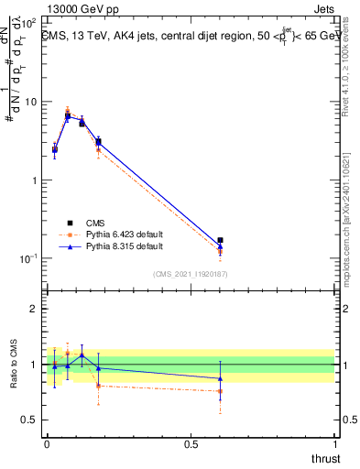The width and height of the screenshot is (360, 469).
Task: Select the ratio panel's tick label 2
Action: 34,309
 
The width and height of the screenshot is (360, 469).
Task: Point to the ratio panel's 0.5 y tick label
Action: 30,420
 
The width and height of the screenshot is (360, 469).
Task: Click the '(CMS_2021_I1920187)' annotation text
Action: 190,274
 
